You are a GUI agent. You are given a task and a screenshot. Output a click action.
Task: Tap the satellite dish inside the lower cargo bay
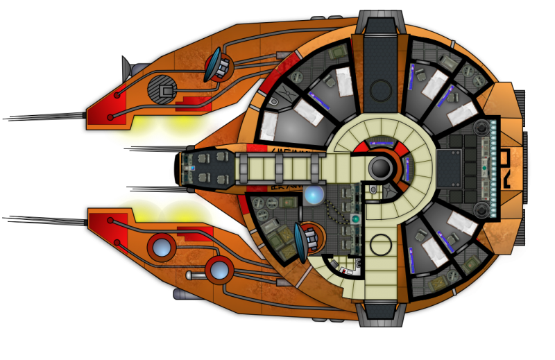pos(305,239)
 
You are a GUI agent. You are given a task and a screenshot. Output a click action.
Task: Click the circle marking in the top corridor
pos(380,89)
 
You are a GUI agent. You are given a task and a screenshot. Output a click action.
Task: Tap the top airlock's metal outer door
pos(381,21)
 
